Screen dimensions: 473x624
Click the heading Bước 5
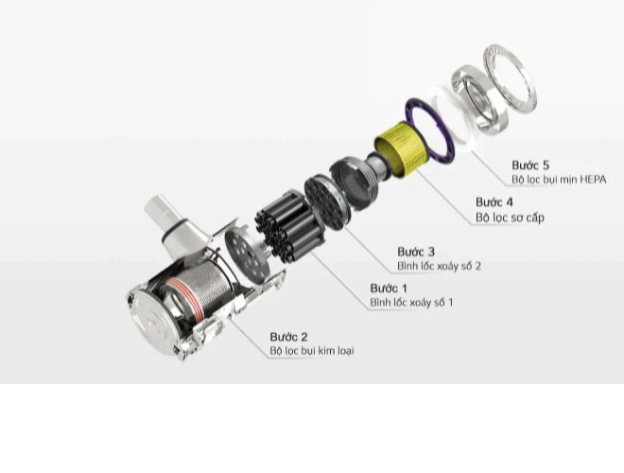pyautogui.click(x=531, y=164)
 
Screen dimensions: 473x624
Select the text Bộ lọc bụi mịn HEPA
pyautogui.click(x=559, y=179)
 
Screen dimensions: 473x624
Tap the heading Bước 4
pyautogui.click(x=494, y=202)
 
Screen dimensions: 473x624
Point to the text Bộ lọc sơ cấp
pyautogui.click(x=510, y=218)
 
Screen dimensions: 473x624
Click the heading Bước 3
pyautogui.click(x=416, y=252)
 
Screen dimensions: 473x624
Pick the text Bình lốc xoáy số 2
pyautogui.click(x=439, y=267)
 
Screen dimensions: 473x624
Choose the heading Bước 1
pyautogui.click(x=389, y=288)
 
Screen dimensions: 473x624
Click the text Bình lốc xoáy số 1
pyautogui.click(x=411, y=303)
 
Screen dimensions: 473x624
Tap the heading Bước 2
pyautogui.click(x=289, y=336)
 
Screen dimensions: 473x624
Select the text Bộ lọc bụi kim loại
pyautogui.click(x=312, y=351)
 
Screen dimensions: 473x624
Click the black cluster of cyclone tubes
pyautogui.click(x=284, y=227)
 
